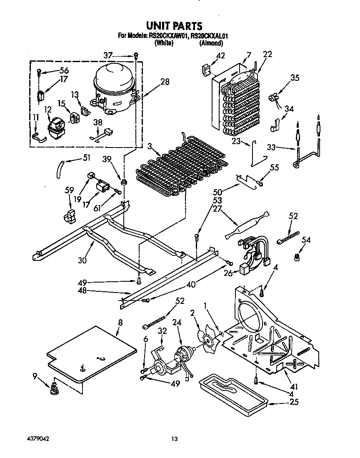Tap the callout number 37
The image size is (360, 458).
(108, 55)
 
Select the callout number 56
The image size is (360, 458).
(64, 70)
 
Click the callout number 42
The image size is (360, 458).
(220, 56)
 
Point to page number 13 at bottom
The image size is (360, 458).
(175, 438)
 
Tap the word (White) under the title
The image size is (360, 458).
(163, 43)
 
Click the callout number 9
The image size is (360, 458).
(35, 376)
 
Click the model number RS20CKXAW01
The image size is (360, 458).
(168, 36)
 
